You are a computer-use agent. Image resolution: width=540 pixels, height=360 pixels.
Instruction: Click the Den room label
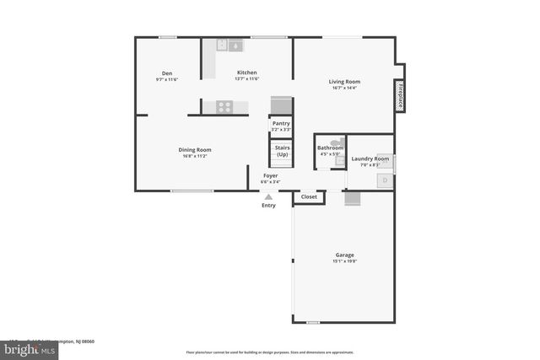(x=166, y=73)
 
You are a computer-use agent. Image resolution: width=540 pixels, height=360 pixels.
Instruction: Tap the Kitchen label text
(x=246, y=73)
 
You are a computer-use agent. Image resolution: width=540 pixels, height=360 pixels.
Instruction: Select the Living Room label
(x=344, y=81)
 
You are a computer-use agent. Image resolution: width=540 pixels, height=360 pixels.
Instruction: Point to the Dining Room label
(x=195, y=149)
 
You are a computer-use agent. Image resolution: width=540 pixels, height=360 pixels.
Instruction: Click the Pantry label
(x=281, y=123)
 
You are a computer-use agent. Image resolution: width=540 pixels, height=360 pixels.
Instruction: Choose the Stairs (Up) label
(x=281, y=151)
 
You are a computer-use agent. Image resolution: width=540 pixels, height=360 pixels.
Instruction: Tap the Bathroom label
(x=330, y=148)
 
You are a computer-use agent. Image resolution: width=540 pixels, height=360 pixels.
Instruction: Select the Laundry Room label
(x=370, y=159)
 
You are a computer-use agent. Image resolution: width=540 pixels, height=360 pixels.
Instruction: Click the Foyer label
(x=270, y=175)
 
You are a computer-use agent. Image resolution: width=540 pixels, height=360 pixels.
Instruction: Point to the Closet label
(x=309, y=196)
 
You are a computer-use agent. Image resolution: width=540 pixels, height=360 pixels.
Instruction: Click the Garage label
(x=344, y=255)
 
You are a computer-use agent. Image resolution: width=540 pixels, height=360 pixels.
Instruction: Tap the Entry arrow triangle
(x=268, y=197)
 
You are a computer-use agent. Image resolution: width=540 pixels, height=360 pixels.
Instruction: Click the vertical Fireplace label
(x=400, y=94)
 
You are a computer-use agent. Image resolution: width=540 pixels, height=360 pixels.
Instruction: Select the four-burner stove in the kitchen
(x=224, y=106)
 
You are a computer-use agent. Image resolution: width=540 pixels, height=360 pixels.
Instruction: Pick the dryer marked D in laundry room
(x=384, y=180)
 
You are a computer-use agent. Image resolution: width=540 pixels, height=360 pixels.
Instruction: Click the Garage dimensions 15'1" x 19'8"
(x=344, y=261)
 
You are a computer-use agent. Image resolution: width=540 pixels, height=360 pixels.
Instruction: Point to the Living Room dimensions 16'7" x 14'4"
(x=344, y=88)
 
